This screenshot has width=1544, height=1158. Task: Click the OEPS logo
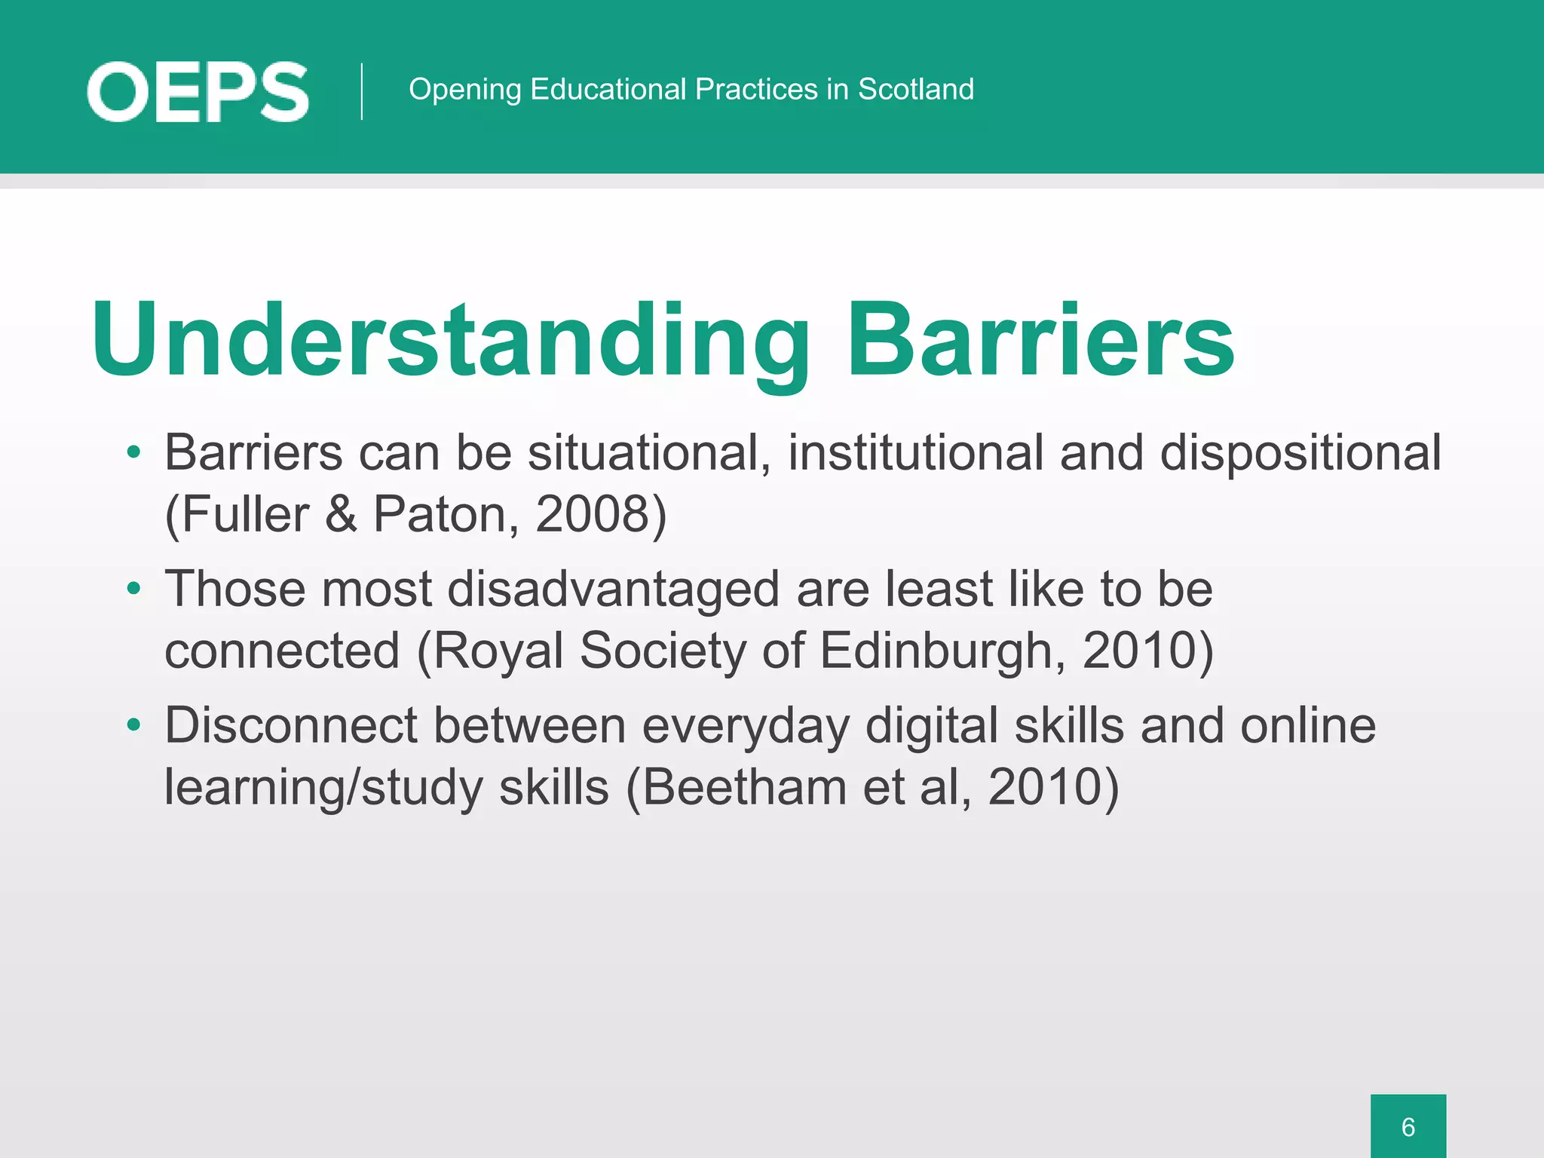(x=198, y=92)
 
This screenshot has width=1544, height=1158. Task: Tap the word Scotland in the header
(x=916, y=89)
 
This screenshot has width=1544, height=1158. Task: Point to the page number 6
(x=1408, y=1126)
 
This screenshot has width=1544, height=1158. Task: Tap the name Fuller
(x=245, y=514)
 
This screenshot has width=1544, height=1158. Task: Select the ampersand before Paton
(x=341, y=514)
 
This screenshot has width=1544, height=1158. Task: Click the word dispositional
(x=1300, y=452)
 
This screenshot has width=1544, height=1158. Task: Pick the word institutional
(x=915, y=452)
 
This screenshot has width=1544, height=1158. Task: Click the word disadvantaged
(x=613, y=589)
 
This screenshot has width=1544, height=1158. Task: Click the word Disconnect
(x=291, y=725)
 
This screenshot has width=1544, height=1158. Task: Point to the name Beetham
(x=744, y=786)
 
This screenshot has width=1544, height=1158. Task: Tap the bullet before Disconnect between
(x=134, y=725)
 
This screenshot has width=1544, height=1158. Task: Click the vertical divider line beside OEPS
(x=362, y=91)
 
